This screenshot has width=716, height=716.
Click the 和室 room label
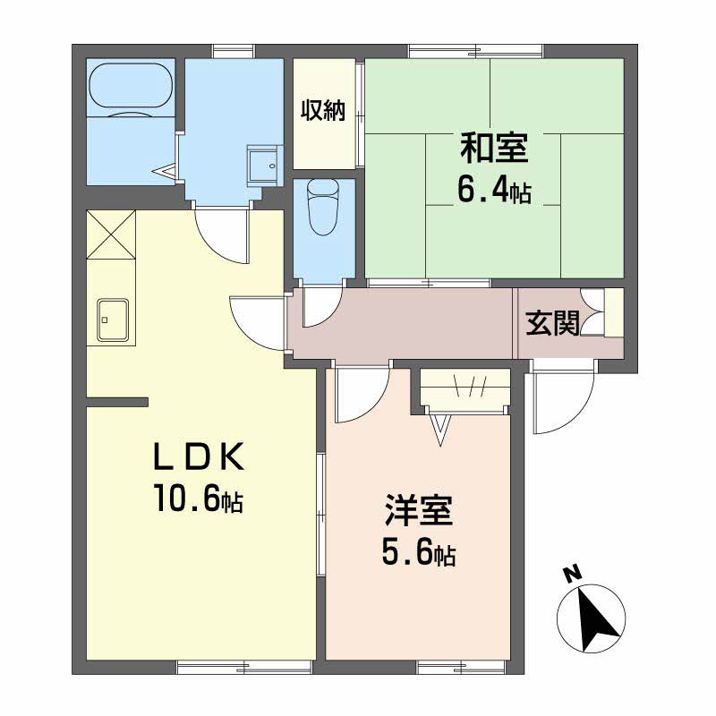click(494, 148)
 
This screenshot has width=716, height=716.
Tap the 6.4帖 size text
click(494, 192)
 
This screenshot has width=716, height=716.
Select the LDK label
click(199, 456)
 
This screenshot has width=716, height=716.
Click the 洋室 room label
click(419, 509)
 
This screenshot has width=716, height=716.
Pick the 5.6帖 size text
click(419, 554)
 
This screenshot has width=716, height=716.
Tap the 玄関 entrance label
click(552, 323)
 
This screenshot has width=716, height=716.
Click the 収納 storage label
click(323, 110)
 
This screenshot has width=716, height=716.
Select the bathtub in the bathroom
click(131, 85)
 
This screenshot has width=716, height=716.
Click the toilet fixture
click(324, 207)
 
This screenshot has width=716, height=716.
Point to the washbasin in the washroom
click(265, 166)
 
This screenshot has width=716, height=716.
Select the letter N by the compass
click(571, 574)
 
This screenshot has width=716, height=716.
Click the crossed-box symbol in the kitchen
click(111, 234)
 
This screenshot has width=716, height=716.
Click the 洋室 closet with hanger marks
click(465, 388)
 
